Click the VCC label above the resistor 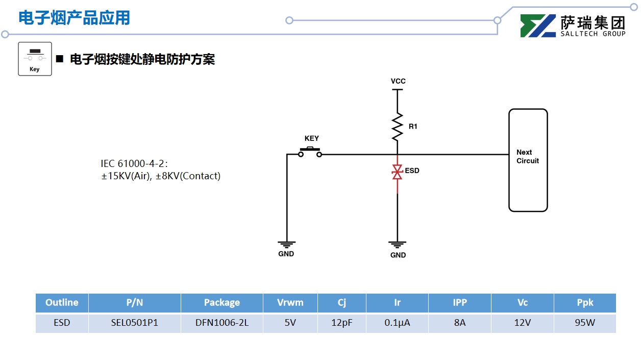tap(398, 81)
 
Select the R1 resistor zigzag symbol tap(397, 127)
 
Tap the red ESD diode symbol tap(397, 172)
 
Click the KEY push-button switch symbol tap(310, 151)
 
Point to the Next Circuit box tap(528, 160)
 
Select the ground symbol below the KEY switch tap(286, 245)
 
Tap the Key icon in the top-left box tap(35, 59)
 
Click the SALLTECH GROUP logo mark tap(537, 26)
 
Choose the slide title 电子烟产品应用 tap(75, 18)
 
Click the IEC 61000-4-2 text tap(134, 163)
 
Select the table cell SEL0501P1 tap(135, 323)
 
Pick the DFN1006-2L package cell tap(221, 323)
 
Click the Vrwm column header tap(290, 302)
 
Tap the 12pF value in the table tap(341, 323)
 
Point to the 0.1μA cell tap(397, 323)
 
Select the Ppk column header tap(585, 302)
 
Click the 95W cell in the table tap(585, 323)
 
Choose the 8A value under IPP tap(459, 323)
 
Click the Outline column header tap(62, 302)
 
